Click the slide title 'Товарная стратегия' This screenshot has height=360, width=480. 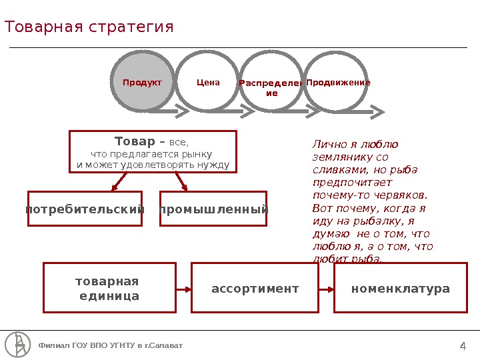(x=89, y=27)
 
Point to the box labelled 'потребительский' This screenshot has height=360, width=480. (x=85, y=209)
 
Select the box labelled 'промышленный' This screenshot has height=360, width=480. (x=213, y=209)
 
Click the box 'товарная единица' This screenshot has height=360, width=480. (x=109, y=287)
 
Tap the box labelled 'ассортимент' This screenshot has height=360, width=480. (x=255, y=288)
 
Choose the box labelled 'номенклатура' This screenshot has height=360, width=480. (x=400, y=288)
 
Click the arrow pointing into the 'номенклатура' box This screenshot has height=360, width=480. (x=327, y=289)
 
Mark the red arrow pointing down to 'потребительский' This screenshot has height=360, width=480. (x=119, y=181)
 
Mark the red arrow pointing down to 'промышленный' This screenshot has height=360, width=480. (x=181, y=181)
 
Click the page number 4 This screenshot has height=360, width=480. (x=463, y=345)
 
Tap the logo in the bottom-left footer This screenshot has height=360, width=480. (x=17, y=344)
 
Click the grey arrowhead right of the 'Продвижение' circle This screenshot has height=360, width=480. (x=377, y=111)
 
